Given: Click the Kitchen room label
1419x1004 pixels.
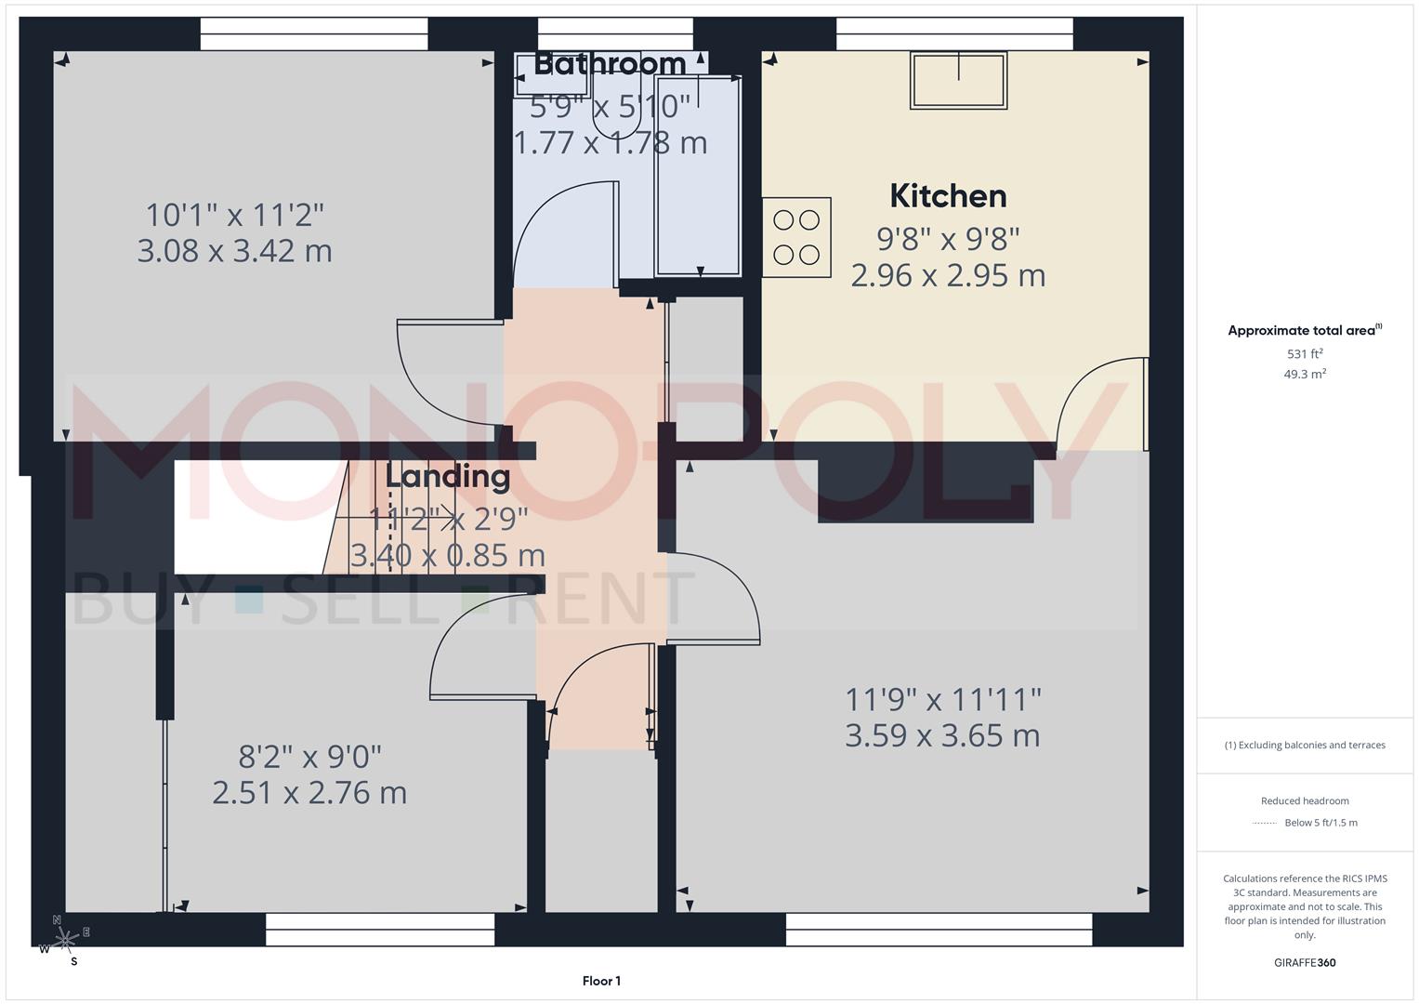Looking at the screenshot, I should point(948,196).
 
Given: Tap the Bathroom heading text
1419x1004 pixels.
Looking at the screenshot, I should point(610,64).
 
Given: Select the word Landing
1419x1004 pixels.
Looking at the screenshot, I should point(448,477).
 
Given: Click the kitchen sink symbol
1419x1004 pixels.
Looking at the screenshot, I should point(959,81).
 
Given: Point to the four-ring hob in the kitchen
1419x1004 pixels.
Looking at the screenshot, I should point(796,237).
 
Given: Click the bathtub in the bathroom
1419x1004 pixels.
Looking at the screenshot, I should point(699,177).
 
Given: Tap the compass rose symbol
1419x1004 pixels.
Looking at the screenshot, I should point(64,942).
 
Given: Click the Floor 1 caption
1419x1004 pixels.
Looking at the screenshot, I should point(601,981).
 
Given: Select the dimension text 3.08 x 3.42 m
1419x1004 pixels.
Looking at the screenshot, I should point(234,251).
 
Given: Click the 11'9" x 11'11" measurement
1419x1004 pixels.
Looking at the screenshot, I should point(942,698).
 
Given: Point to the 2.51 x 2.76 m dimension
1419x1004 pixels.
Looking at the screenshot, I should point(309,793).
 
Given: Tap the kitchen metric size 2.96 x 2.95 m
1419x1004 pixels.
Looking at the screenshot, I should point(948,275).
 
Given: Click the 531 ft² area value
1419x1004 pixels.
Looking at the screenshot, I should point(1305,354).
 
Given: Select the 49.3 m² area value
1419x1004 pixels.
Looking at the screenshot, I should point(1305,375).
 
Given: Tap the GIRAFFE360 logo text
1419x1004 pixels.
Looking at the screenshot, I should point(1305,963).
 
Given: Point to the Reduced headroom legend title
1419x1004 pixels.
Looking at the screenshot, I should point(1305,801).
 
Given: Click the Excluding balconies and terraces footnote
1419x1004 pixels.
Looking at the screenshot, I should point(1305,745).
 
